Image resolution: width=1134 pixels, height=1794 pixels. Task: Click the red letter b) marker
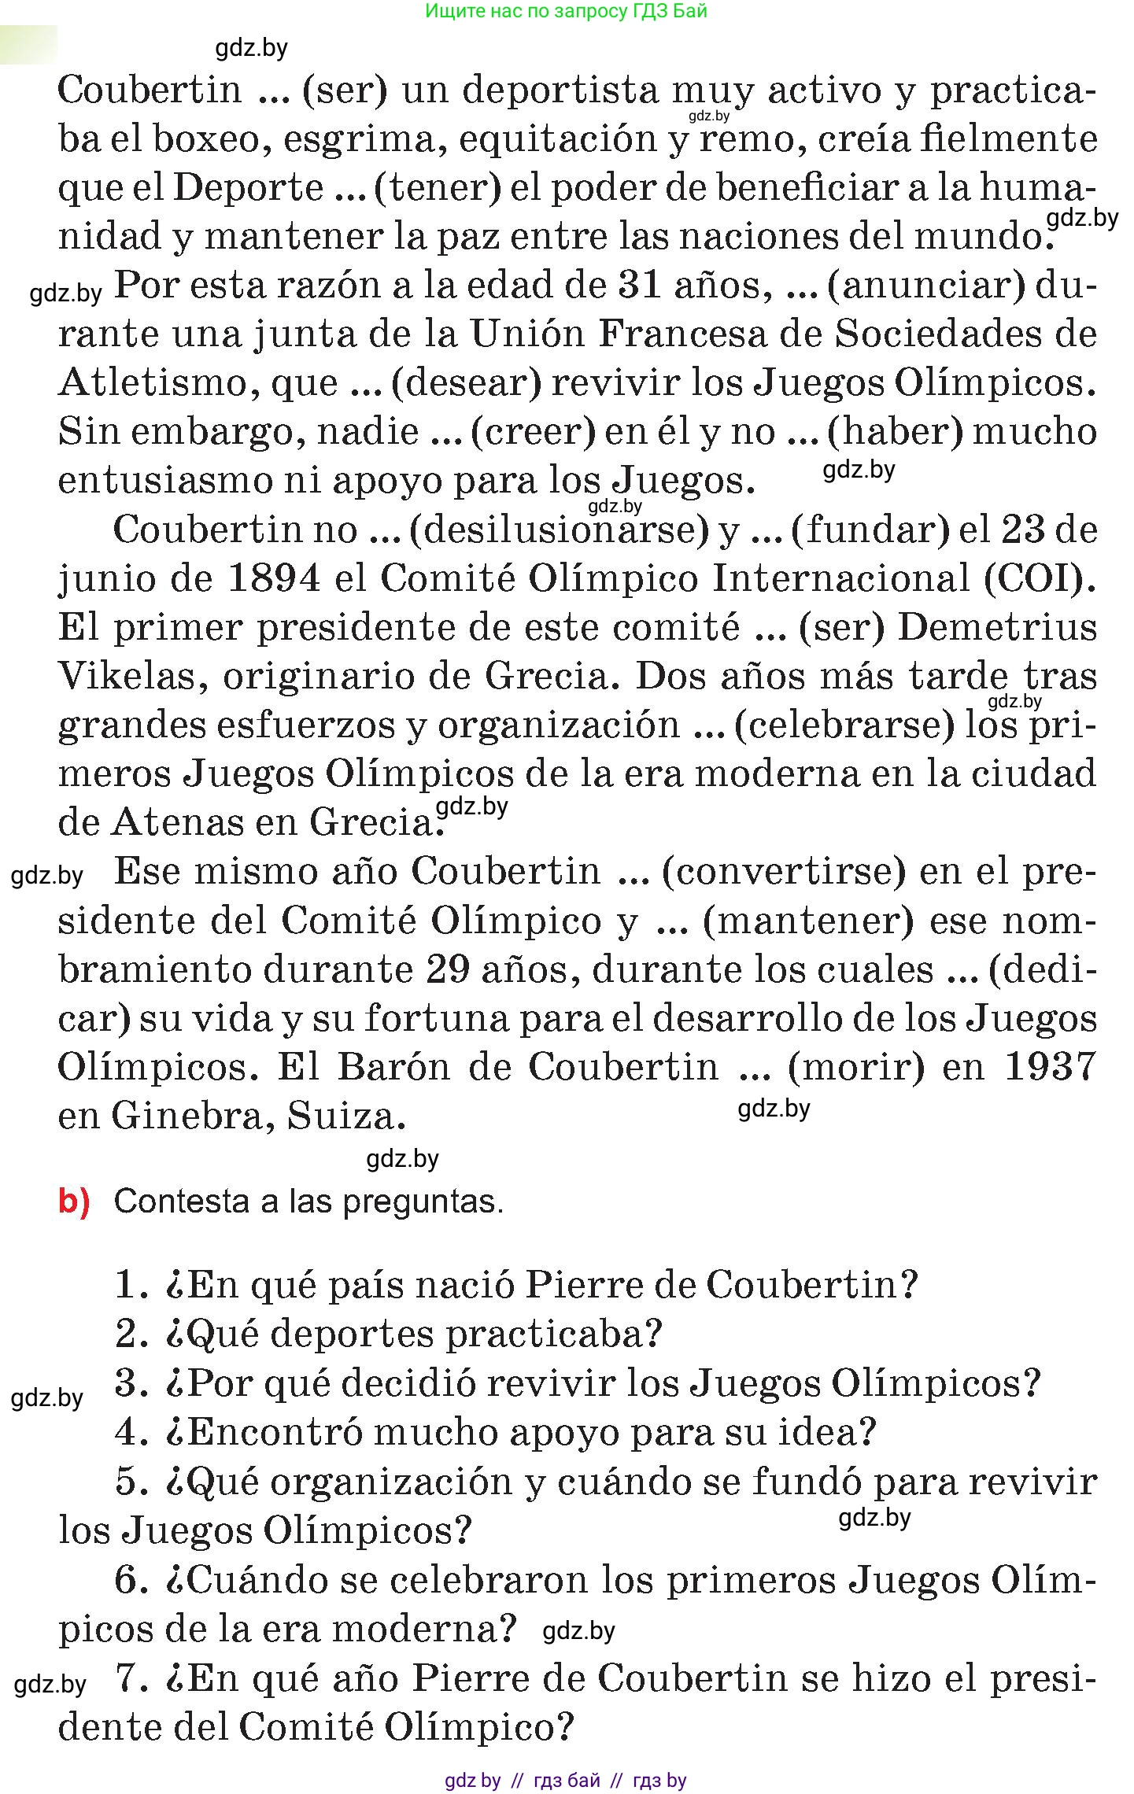coord(75,1202)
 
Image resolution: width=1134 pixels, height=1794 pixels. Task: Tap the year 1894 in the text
coord(274,579)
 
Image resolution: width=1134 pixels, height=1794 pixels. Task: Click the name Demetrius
coord(998,628)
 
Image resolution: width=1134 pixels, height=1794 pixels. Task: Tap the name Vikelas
coord(133,677)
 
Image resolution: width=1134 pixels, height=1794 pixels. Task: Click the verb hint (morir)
coord(856,1068)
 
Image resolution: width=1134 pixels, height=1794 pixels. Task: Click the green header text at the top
coord(566,11)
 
